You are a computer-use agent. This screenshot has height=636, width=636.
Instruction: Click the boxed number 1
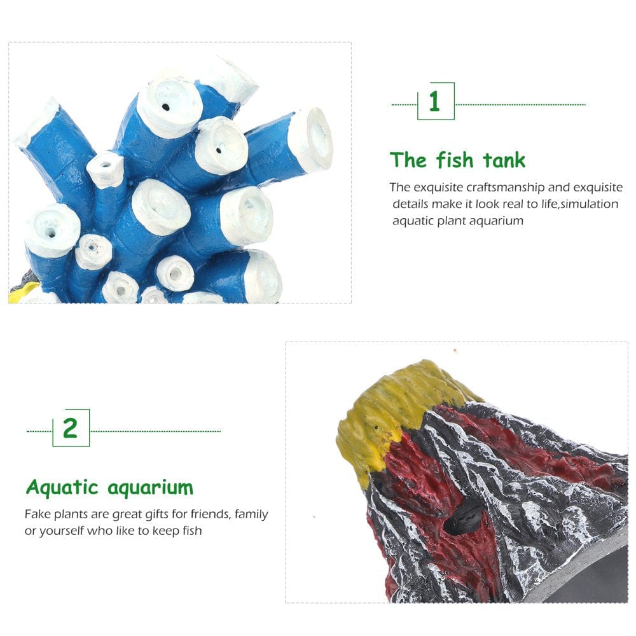434,102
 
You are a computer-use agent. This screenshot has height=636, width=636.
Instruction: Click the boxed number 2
70,428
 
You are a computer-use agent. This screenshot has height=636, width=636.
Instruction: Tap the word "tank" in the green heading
504,160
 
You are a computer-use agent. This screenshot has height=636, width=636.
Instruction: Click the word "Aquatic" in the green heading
62,488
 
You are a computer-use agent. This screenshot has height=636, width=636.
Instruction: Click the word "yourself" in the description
62,530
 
